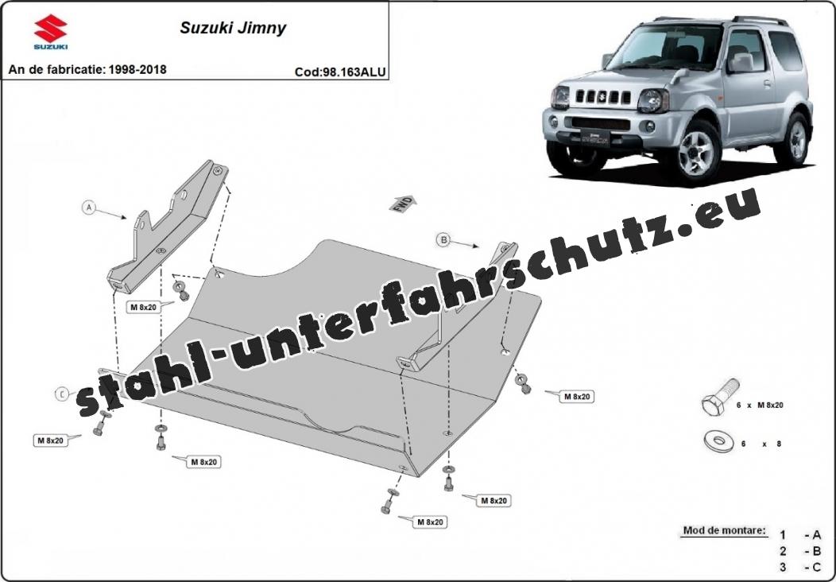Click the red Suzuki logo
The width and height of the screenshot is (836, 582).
pos(51,32)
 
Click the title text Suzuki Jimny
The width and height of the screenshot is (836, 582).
pos(233,28)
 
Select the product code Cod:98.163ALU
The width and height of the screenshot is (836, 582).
pos(340,72)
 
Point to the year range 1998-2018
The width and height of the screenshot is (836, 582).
pos(137,69)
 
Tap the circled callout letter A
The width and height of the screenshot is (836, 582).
pos(89,207)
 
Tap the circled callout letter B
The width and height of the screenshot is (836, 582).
pos(443,239)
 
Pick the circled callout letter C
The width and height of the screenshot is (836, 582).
pos(62,394)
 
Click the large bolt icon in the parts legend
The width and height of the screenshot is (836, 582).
pos(720,397)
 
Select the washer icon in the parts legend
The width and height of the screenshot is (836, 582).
pos(718,441)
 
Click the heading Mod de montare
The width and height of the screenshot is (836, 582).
pos(724,531)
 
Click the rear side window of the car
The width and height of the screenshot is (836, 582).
pos(785,51)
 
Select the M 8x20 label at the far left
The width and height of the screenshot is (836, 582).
pos(51,440)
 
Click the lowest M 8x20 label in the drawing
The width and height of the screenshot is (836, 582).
pos(429,522)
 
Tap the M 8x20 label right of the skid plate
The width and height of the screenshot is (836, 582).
pos(576,397)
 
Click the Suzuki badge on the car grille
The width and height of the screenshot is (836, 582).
pos(602,96)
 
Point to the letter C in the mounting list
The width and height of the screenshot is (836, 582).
pos(816,567)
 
